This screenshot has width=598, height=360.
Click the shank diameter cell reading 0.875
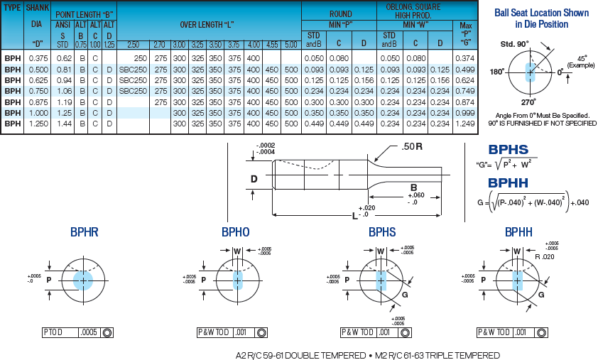(x=38, y=102)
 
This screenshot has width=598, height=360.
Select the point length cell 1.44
(x=64, y=124)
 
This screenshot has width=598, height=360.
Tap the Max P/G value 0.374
(x=465, y=58)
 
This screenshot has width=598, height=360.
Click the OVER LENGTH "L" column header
(x=207, y=25)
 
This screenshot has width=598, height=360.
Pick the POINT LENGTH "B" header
(x=85, y=14)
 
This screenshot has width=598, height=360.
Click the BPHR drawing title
(x=85, y=232)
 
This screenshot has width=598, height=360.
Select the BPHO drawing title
(x=236, y=232)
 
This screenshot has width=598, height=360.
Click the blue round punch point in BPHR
(x=83, y=280)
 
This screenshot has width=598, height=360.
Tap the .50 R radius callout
(x=411, y=146)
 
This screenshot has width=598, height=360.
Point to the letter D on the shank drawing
(x=254, y=179)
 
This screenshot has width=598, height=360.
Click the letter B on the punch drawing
(x=414, y=187)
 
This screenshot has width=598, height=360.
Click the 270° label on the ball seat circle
(x=528, y=102)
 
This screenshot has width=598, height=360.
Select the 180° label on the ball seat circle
(x=497, y=72)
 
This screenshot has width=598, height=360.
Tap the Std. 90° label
(x=514, y=44)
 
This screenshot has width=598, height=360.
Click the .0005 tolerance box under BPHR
(x=89, y=332)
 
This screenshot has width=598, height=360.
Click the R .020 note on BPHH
(x=545, y=257)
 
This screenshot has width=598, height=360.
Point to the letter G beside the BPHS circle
(x=405, y=295)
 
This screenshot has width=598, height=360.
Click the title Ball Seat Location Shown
(x=542, y=13)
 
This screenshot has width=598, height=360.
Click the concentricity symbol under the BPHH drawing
(x=541, y=332)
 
